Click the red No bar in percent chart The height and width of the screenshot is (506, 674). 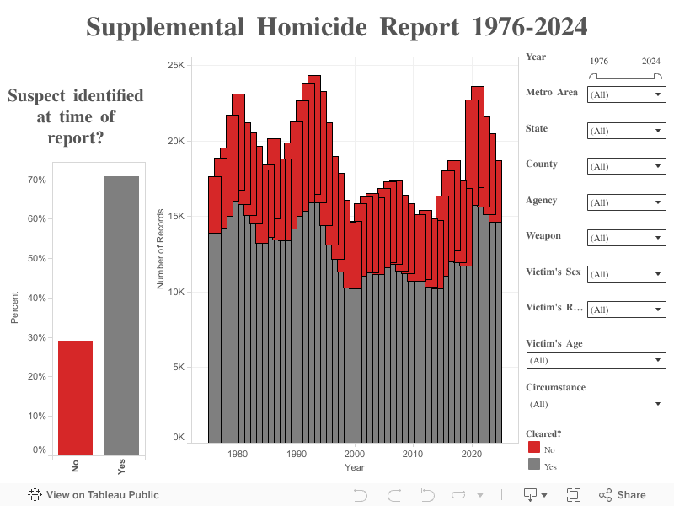tap(75, 397)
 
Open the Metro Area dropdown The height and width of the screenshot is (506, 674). tap(626, 94)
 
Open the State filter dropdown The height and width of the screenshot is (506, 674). tap(626, 131)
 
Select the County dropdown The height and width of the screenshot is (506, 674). tap(626, 166)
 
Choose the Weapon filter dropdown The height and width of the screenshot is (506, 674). tap(626, 238)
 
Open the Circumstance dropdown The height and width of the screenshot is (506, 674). tap(596, 404)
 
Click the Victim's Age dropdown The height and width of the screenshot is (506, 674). tap(596, 360)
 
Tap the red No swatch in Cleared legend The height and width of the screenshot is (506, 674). tap(534, 448)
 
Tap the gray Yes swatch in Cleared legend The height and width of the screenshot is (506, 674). tap(534, 464)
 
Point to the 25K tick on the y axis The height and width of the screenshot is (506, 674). tap(177, 65)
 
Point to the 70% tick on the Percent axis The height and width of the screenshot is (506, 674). tap(37, 180)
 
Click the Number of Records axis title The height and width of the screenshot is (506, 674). tap(161, 247)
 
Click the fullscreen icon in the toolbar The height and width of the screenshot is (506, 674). tap(574, 495)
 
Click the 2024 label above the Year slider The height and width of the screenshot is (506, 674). tap(651, 62)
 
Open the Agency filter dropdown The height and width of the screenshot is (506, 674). tap(626, 202)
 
